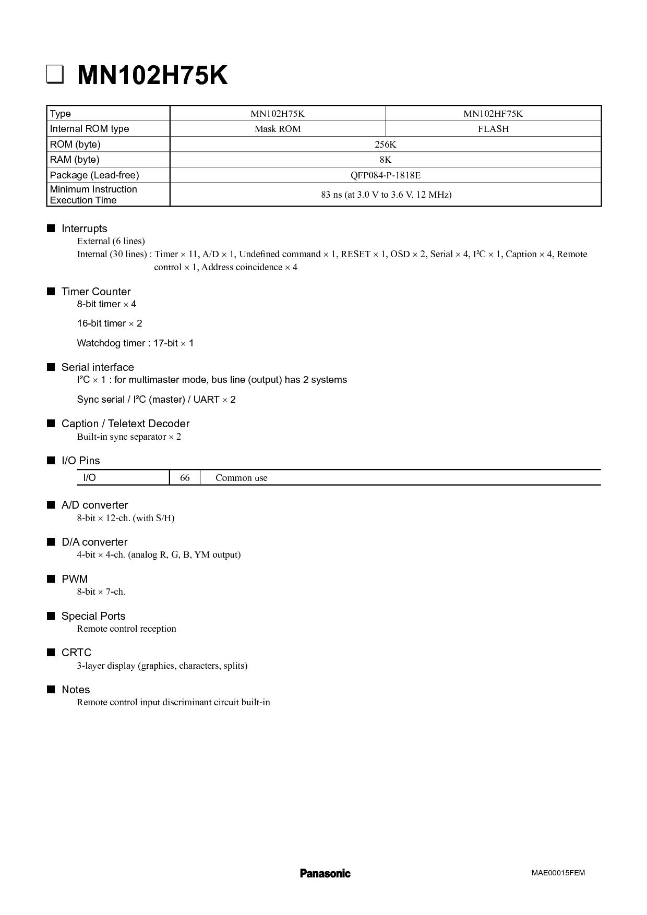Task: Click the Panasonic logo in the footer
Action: [x=325, y=873]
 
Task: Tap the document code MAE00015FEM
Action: [x=558, y=873]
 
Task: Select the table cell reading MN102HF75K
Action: [x=493, y=114]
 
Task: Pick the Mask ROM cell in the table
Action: [x=278, y=129]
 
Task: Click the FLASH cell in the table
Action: [x=493, y=129]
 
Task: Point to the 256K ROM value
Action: [x=386, y=145]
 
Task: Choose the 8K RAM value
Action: [x=386, y=160]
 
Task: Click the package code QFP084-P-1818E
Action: [x=386, y=175]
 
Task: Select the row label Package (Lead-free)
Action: [x=94, y=175]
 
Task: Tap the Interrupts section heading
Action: [x=84, y=228]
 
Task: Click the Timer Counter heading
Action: [x=96, y=292]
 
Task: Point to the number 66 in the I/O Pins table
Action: [x=185, y=478]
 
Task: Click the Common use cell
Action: [x=241, y=478]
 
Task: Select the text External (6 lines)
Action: [x=111, y=241]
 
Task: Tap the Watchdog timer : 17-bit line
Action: [x=135, y=343]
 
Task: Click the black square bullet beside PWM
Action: [x=51, y=579]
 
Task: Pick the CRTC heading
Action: [x=76, y=653]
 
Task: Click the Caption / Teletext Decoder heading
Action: [x=125, y=424]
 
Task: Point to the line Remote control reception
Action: [x=126, y=629]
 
